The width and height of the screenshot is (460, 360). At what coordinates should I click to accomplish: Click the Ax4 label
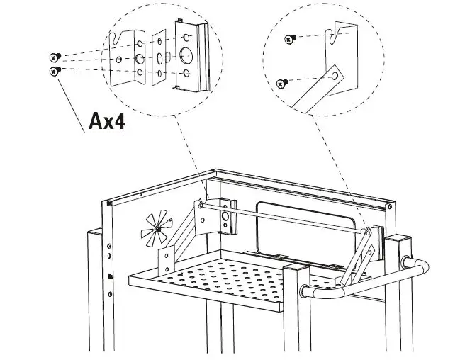106,121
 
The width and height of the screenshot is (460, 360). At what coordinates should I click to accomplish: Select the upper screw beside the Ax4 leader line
54,57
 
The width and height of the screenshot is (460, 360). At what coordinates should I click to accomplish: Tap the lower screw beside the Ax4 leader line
54,71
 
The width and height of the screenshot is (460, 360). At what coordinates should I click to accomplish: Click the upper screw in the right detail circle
289,38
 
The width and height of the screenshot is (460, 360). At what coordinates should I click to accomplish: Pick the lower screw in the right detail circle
281,84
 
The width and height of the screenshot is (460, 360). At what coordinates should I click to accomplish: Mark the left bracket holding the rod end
225,215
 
